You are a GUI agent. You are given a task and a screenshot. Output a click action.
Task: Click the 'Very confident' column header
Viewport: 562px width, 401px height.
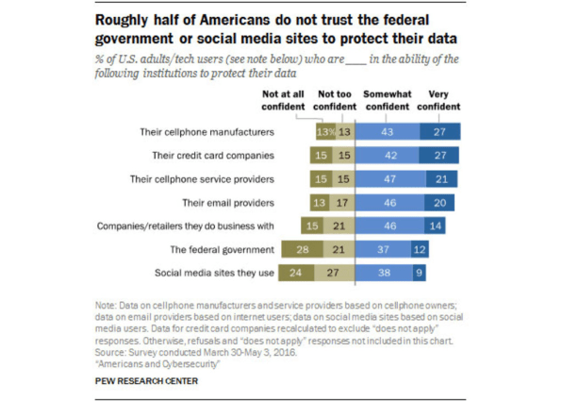point(438,100)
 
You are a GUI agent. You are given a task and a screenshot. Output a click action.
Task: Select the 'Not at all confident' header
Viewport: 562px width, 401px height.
point(283,100)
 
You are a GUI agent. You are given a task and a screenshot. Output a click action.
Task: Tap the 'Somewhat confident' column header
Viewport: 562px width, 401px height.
point(388,100)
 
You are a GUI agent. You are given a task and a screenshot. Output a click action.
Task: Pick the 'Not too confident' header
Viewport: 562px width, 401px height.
point(335,100)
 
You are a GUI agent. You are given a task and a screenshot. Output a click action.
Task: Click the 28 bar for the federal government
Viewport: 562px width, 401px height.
point(302,249)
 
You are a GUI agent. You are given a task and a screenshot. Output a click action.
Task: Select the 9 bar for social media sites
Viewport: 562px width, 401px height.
point(419,273)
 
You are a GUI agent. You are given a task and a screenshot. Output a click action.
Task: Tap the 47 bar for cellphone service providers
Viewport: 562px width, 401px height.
point(390,179)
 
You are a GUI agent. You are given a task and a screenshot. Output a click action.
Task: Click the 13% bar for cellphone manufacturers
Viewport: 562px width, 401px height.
point(326,132)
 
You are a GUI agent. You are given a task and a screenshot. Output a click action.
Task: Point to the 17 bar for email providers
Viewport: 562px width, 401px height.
point(342,203)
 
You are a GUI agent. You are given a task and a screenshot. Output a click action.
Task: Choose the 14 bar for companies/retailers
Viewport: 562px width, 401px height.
point(435,226)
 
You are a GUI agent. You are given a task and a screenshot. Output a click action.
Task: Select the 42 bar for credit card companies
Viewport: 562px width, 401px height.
point(387,156)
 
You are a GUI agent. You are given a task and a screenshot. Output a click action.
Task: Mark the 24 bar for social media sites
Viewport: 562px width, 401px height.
point(296,273)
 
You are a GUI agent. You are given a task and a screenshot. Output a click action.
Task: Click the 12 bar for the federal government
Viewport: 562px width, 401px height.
point(420,249)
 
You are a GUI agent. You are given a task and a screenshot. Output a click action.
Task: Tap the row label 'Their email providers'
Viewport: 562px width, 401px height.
point(228,203)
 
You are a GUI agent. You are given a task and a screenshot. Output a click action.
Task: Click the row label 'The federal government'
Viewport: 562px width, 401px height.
point(222,250)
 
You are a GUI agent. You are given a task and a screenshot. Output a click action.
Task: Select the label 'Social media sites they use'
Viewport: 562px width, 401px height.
point(214,273)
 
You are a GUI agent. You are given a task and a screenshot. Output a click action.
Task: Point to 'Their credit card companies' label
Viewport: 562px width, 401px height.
point(213,156)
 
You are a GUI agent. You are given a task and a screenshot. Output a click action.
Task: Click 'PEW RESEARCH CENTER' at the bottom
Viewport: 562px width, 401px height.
point(146,381)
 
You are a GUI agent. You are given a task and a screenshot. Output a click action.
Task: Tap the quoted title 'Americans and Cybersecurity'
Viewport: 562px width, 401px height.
point(157,364)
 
